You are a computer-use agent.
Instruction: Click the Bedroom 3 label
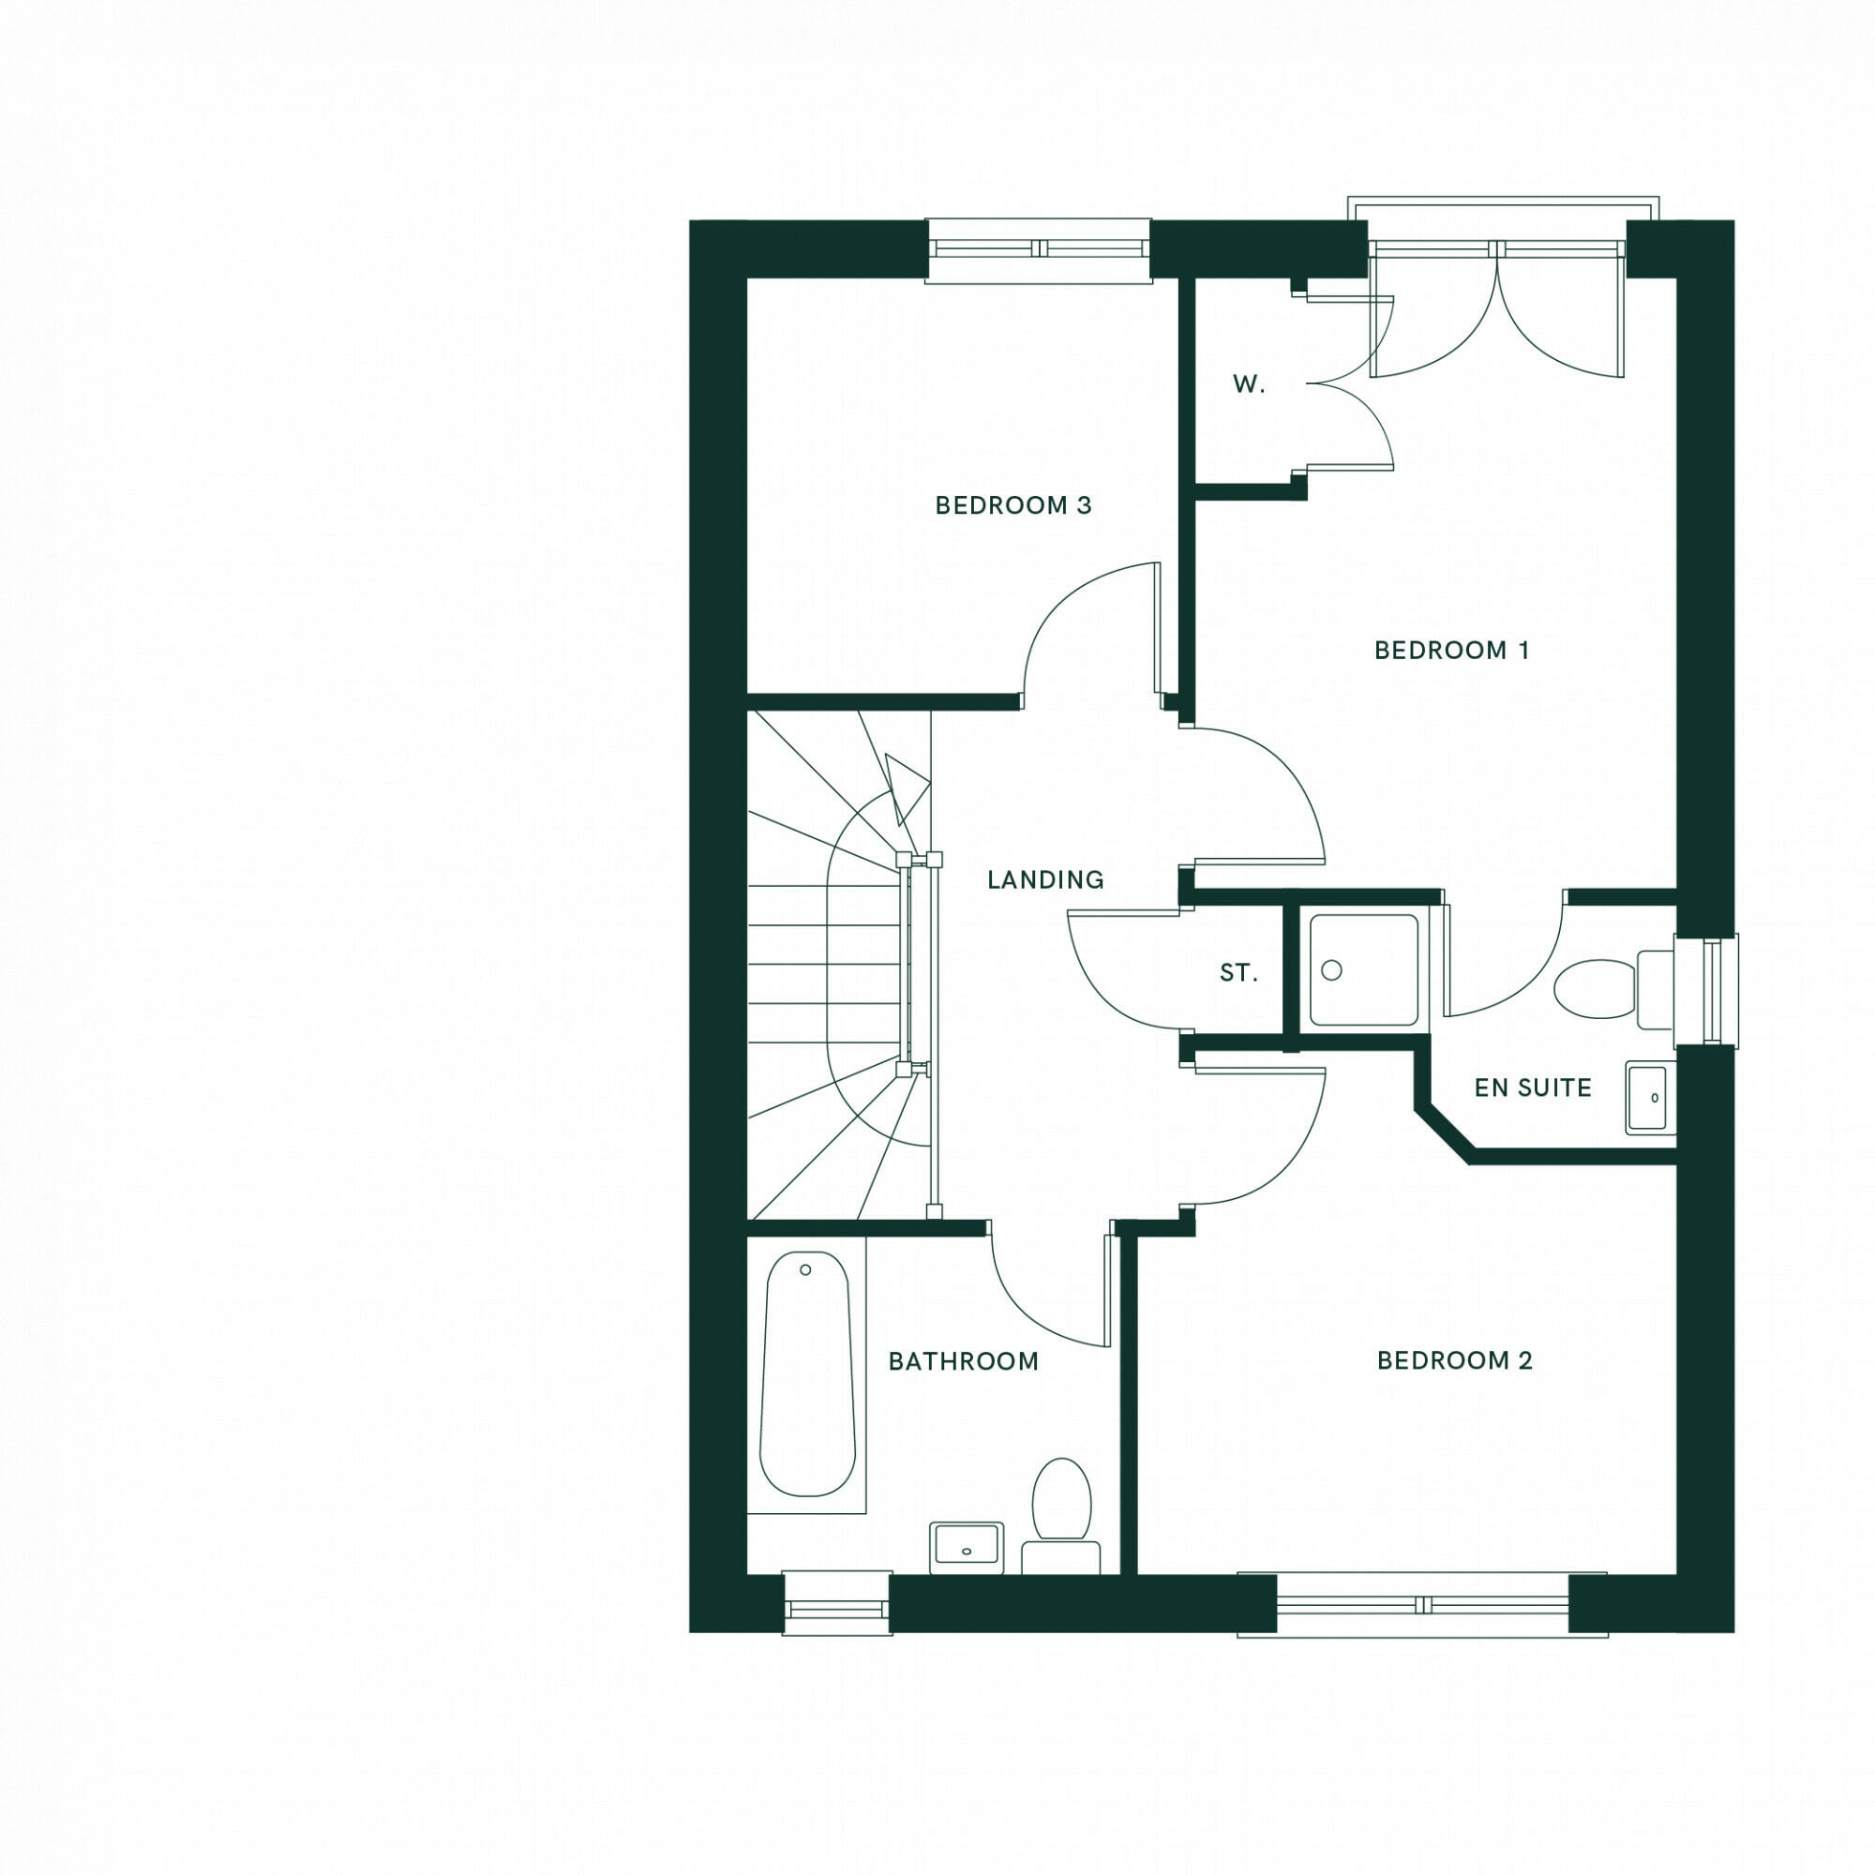click(1013, 504)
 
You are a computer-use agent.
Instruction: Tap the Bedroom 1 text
click(1452, 651)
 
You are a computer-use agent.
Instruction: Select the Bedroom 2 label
click(1455, 1360)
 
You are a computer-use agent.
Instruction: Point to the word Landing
click(1045, 879)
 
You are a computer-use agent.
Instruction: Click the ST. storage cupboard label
click(1238, 972)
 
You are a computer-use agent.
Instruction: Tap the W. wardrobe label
click(1249, 385)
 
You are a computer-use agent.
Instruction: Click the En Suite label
click(1533, 1087)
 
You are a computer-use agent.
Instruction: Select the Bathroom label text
click(964, 1361)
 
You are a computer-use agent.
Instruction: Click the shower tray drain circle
click(1331, 969)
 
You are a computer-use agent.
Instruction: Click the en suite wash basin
click(1649, 1098)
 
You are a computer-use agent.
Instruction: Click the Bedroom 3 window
click(1039, 249)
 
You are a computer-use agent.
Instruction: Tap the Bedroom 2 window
click(1422, 1605)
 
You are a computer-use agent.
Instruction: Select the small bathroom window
click(836, 1603)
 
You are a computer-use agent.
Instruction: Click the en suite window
click(1708, 990)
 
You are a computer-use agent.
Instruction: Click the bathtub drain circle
click(805, 1269)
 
